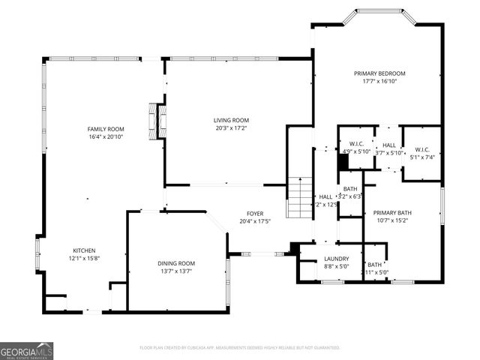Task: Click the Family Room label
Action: click(105, 130)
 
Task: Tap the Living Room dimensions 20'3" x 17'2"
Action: click(231, 128)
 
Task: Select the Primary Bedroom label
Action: click(379, 73)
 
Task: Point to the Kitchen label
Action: click(84, 250)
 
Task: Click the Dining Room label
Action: click(176, 263)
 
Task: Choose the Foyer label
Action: click(255, 213)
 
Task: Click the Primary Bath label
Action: click(392, 213)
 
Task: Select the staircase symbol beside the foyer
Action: click(300, 196)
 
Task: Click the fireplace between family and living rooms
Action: click(155, 121)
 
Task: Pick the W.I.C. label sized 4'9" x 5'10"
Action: click(357, 143)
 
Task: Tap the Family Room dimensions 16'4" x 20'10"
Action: click(105, 137)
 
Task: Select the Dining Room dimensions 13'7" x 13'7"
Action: click(176, 271)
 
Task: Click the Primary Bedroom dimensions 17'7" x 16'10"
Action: click(379, 81)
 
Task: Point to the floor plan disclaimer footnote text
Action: click(240, 348)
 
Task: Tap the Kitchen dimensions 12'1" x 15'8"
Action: click(84, 259)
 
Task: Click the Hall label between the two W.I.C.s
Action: click(389, 145)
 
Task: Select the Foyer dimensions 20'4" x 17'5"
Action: click(255, 221)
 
